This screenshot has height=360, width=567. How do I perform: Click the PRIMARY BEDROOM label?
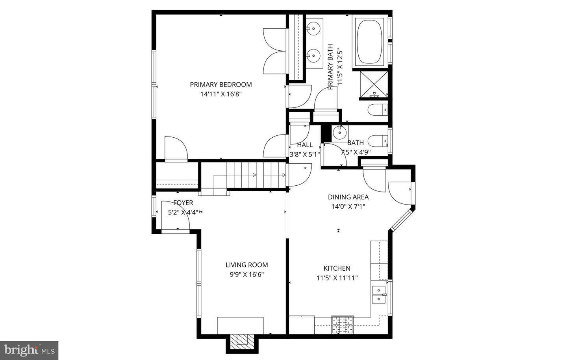click(221, 85)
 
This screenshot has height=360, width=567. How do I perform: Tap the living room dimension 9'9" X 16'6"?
click(247, 275)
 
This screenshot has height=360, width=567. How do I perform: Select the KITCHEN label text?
click(337, 268)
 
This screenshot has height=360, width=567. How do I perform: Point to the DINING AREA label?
click(348, 197)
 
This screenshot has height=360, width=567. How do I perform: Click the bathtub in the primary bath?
click(370, 42)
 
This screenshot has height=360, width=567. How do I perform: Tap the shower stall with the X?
click(374, 84)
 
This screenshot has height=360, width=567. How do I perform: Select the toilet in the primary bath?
click(378, 110)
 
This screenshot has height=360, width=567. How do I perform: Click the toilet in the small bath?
click(378, 141)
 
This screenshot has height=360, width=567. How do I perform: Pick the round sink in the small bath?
click(339, 132)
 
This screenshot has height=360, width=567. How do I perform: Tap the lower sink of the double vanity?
click(313, 55)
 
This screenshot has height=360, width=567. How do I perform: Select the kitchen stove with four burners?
click(343, 325)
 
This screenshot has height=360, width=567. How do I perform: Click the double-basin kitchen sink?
click(379, 294)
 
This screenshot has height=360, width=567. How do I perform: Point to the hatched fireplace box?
click(242, 343)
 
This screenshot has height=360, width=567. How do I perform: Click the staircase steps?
click(256, 175)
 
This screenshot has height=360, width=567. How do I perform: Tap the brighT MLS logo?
click(30, 351)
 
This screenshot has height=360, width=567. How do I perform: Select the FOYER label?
click(183, 203)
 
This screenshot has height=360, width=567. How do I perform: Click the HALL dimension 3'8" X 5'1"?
click(305, 154)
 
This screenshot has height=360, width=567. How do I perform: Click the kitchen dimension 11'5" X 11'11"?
click(337, 278)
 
